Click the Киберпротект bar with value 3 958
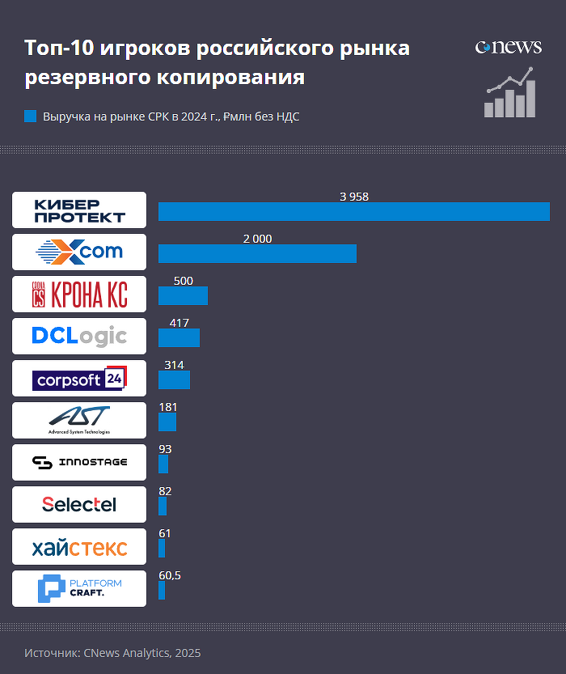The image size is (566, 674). [353, 211]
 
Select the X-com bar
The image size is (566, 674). [257, 253]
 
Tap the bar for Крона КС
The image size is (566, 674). [183, 295]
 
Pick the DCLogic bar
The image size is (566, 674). [179, 337]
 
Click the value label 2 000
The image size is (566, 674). [257, 239]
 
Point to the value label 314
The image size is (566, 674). [174, 365]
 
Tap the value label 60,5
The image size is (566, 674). [170, 575]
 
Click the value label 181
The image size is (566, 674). [168, 407]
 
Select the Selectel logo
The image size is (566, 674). [79, 504]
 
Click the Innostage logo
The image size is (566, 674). [79, 462]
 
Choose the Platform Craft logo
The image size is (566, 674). [79, 588]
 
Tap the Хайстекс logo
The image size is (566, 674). [79, 548]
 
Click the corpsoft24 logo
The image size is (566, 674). [79, 378]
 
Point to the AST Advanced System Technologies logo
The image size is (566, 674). [79, 418]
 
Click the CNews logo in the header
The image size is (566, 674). [508, 47]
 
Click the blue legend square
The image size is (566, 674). [31, 117]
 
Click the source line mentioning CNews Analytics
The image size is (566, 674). [112, 652]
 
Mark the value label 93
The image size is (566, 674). [165, 449]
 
